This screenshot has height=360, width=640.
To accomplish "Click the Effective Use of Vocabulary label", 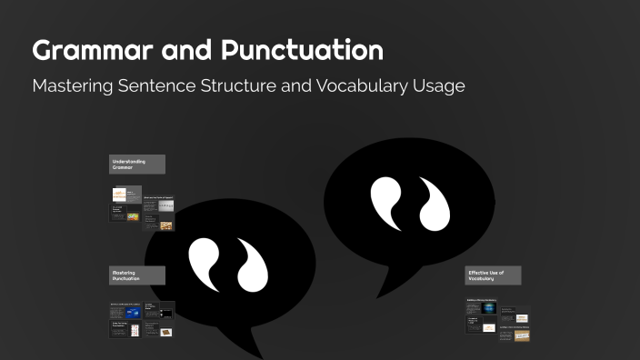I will click(x=493, y=275).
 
